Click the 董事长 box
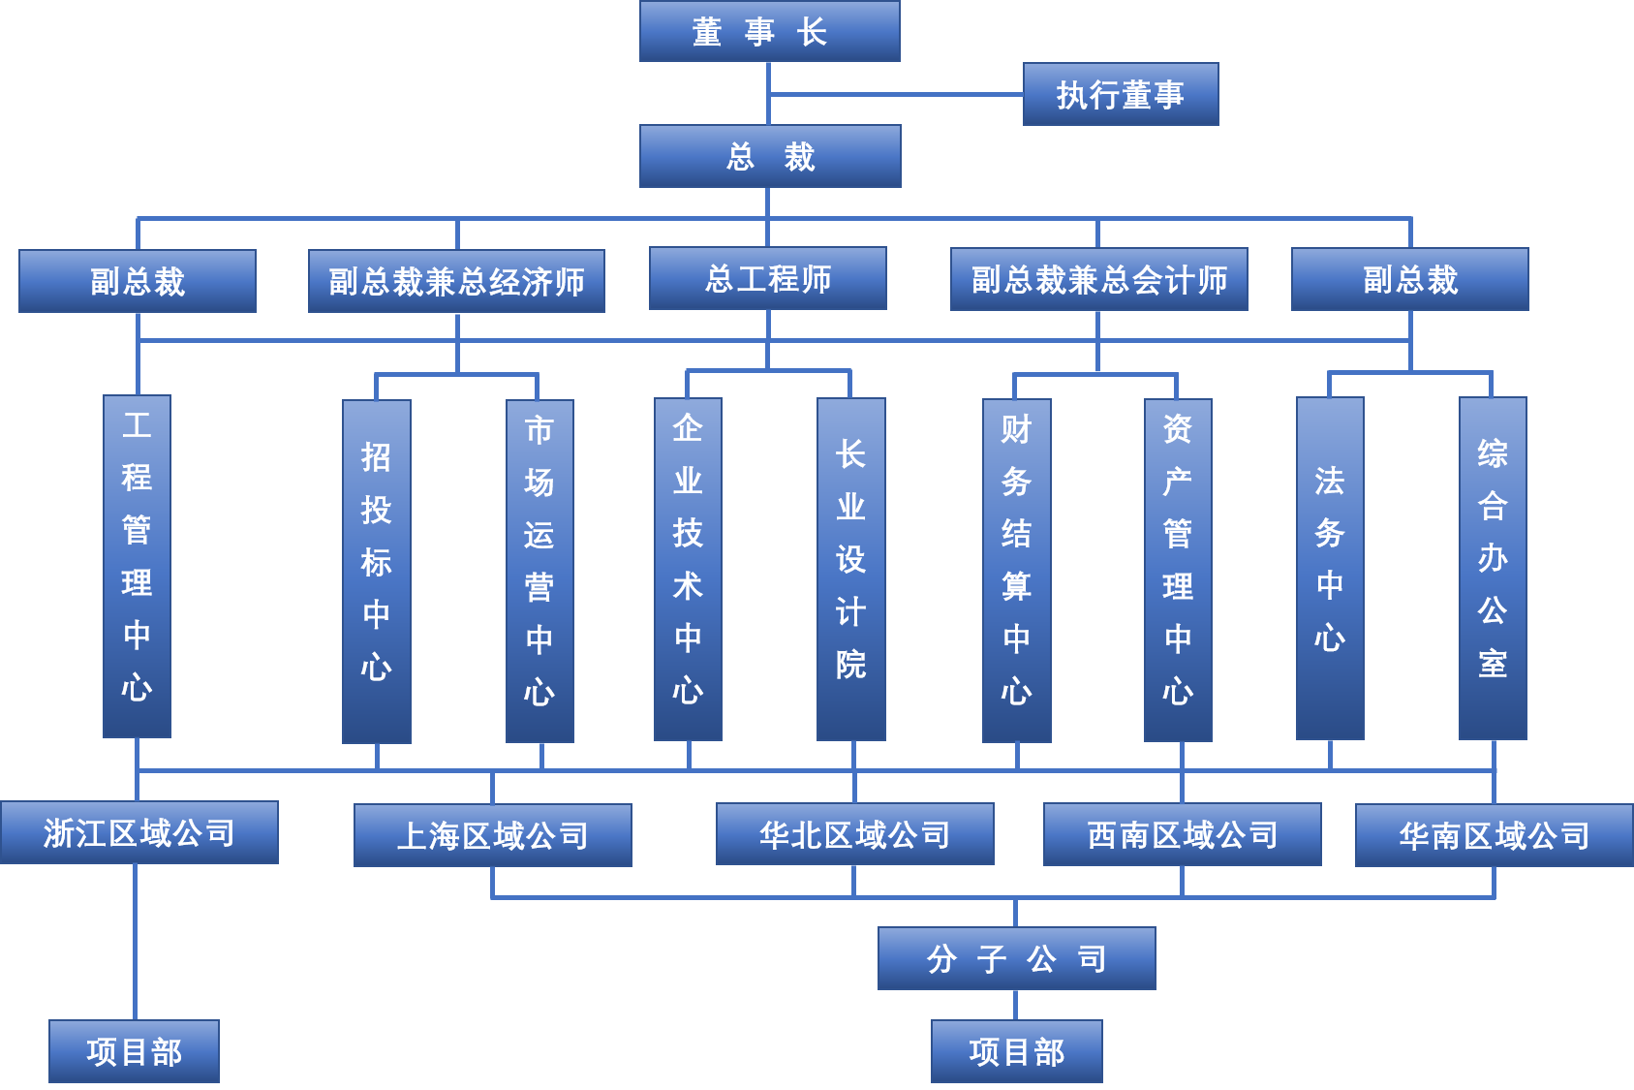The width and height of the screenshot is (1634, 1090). (x=770, y=31)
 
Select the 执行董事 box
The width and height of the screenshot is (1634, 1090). (x=1121, y=94)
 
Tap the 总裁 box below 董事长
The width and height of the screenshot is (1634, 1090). (x=770, y=156)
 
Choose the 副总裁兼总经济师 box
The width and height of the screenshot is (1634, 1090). (x=456, y=281)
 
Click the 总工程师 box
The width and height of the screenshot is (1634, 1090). (x=768, y=278)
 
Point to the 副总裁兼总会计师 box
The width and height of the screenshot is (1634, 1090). (x=1099, y=279)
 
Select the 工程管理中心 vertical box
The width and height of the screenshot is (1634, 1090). (x=138, y=566)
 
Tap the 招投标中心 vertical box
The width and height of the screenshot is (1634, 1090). (x=377, y=572)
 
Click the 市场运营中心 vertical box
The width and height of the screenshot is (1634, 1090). (x=540, y=572)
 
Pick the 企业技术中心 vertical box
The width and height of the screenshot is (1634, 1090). (x=688, y=569)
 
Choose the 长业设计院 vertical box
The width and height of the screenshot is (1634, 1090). (x=851, y=569)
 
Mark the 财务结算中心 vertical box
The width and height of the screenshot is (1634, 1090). (x=1017, y=571)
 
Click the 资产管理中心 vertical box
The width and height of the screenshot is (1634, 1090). (x=1178, y=571)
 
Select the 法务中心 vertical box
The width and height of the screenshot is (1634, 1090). (x=1330, y=569)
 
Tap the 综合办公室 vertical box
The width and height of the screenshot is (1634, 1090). (x=1493, y=569)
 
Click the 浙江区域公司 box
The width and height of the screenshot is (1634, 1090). (x=139, y=832)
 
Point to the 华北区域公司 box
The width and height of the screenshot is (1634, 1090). (x=855, y=834)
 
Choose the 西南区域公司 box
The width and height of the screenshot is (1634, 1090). (x=1183, y=834)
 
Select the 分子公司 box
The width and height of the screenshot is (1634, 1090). (x=1017, y=958)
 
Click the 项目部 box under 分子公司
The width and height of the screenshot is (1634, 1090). (x=1017, y=1051)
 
